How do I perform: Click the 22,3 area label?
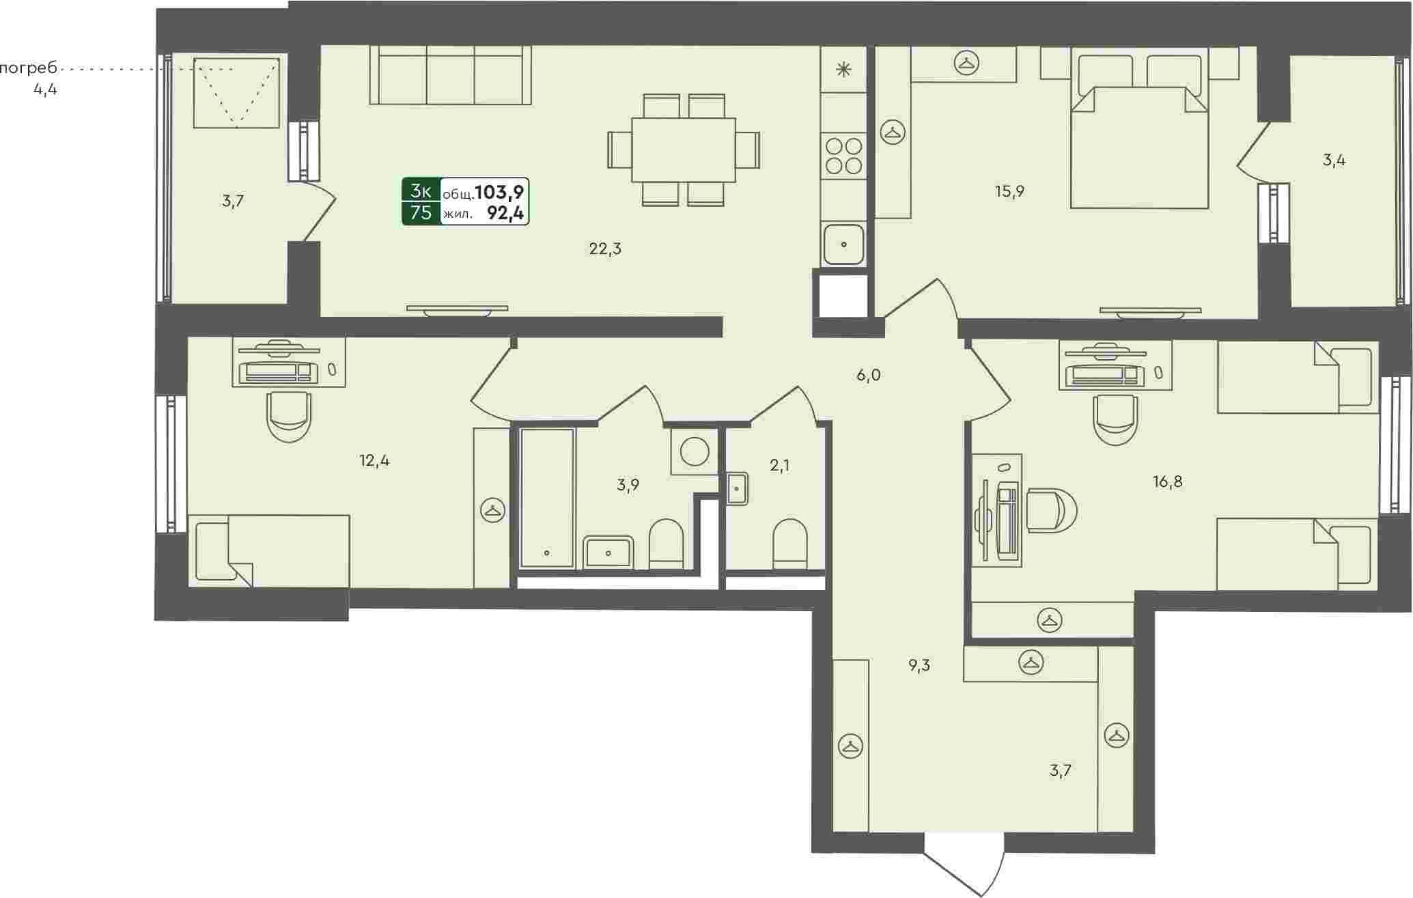pyautogui.click(x=605, y=249)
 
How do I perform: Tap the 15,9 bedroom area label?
pyautogui.click(x=1009, y=191)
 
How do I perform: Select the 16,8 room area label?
pyautogui.click(x=1167, y=482)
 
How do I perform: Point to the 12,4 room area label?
pyautogui.click(x=374, y=461)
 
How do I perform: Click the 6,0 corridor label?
pyautogui.click(x=868, y=375)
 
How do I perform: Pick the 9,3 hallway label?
pyautogui.click(x=919, y=666)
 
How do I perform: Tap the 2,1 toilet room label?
pyautogui.click(x=779, y=466)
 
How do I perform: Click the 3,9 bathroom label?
pyautogui.click(x=628, y=486)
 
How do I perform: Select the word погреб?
pyautogui.click(x=28, y=69)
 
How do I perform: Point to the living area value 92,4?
pyautogui.click(x=505, y=214)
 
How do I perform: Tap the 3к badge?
pyautogui.click(x=421, y=191)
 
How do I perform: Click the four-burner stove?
pyautogui.click(x=844, y=156)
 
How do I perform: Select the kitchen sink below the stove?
pyautogui.click(x=844, y=244)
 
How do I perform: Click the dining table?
pyautogui.click(x=683, y=150)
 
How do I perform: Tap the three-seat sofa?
pyautogui.click(x=451, y=75)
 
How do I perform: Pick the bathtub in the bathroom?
pyautogui.click(x=547, y=498)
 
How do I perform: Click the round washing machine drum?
pyautogui.click(x=695, y=451)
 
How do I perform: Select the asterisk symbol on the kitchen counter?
pyautogui.click(x=844, y=69)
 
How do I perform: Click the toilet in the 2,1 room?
pyautogui.click(x=790, y=544)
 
